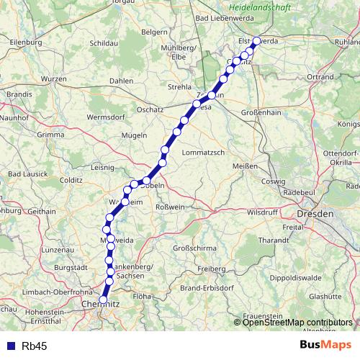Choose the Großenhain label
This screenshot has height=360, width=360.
point(260,112)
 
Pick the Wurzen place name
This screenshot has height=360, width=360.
point(54,78)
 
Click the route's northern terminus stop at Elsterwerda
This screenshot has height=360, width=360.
point(256,41)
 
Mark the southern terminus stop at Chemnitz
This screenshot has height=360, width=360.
point(104,300)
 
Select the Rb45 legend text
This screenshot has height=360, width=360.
point(35,346)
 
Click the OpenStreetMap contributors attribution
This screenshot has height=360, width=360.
point(297,323)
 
